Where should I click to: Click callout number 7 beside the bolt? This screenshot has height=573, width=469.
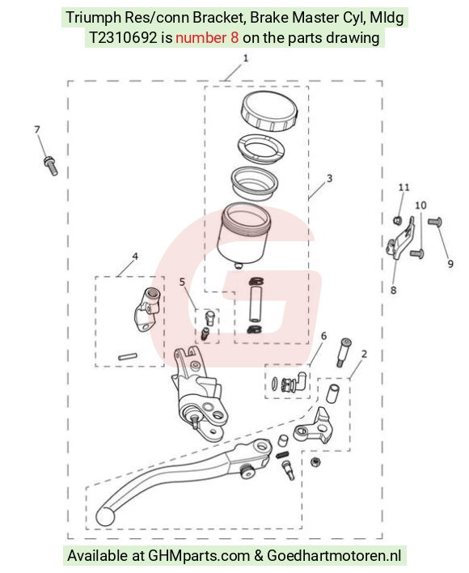click(x=37, y=129)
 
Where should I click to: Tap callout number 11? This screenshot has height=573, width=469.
click(x=404, y=188)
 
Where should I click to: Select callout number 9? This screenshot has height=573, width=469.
click(x=450, y=264)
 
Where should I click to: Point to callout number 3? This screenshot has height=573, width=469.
click(x=330, y=178)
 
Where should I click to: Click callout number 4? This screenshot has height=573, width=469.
click(x=135, y=257)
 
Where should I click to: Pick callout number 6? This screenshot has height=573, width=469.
click(x=323, y=336)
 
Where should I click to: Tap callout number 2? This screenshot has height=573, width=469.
click(x=364, y=354)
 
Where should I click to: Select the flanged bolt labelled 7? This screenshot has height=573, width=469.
click(x=51, y=166)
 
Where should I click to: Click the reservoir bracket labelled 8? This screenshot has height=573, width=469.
click(x=400, y=240)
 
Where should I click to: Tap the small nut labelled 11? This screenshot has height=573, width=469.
click(x=398, y=220)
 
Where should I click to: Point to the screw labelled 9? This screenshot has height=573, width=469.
click(x=435, y=222)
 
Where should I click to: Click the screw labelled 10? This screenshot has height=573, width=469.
click(x=417, y=253)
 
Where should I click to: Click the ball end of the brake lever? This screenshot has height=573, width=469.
click(x=105, y=516)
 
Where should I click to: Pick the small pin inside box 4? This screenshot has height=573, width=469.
click(x=128, y=356)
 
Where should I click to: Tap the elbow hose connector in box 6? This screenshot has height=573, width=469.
click(x=301, y=380)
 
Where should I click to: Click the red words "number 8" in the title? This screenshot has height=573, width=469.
click(x=207, y=38)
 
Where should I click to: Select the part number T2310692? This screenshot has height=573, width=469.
click(x=124, y=38)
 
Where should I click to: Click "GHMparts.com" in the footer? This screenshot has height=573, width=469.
click(x=199, y=556)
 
